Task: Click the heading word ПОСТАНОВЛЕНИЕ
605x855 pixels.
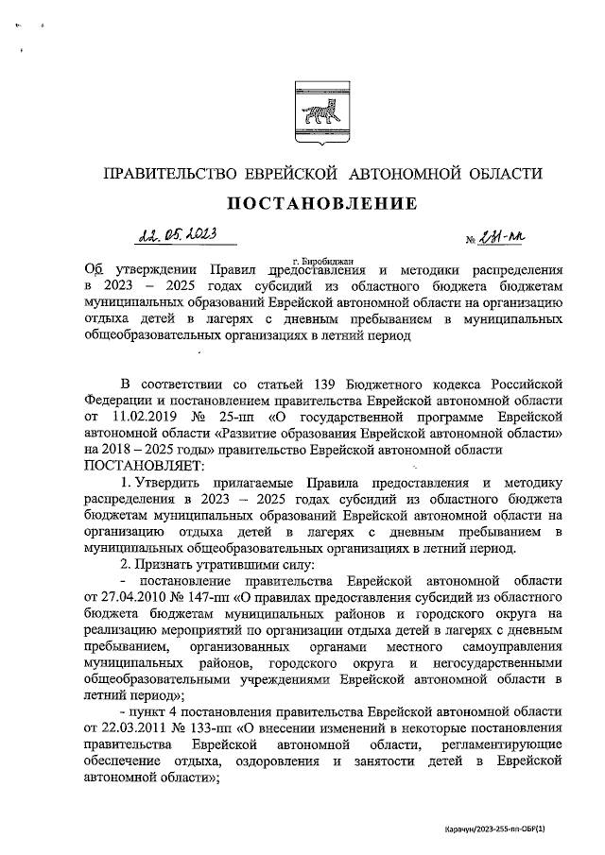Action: tap(320, 203)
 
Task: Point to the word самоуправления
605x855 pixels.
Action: tap(510, 647)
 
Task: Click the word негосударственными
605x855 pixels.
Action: tap(498, 663)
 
